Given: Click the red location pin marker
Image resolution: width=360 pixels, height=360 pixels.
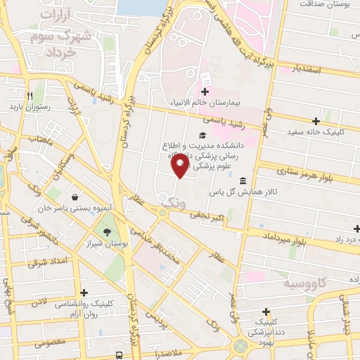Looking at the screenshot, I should tap(180, 166).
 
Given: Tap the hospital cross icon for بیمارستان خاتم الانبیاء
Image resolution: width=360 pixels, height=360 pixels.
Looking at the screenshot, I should tap(205, 91).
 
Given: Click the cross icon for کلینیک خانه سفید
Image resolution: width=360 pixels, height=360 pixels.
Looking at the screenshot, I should tap(315, 121).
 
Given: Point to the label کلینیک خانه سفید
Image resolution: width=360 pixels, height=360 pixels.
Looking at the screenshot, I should tap(315, 131).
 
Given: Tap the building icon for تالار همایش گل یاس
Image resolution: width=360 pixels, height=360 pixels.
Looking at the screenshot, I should tap(243, 180).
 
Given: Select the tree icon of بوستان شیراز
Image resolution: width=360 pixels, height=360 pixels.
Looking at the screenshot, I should tap(107, 232).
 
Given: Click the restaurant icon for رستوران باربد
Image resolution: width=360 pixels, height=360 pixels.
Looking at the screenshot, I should tap(29, 96).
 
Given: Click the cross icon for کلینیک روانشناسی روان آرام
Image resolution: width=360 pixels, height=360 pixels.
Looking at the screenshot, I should tap(84, 292).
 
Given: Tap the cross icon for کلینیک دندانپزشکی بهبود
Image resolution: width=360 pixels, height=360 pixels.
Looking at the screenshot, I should tap(265, 311).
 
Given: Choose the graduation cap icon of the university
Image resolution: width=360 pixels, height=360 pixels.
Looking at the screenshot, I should tap(202, 136).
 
